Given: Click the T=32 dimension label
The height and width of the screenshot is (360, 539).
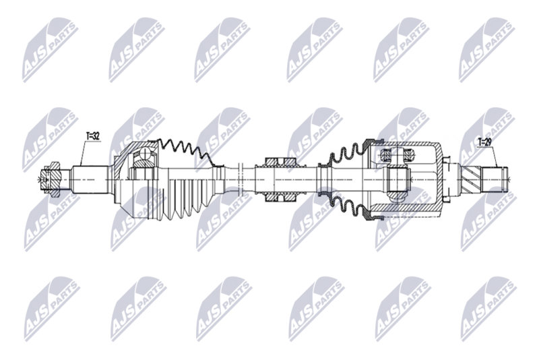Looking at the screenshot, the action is [x=92, y=136].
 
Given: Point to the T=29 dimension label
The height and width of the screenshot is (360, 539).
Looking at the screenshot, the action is [x=484, y=142].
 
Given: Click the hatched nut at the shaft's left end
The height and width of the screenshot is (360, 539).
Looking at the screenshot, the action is [x=51, y=179].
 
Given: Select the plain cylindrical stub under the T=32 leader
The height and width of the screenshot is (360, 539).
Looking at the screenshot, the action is [x=90, y=180].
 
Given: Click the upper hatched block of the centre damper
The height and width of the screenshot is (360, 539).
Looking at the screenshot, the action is [x=280, y=162].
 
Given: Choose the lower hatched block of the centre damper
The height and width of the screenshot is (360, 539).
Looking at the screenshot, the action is [x=280, y=197].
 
